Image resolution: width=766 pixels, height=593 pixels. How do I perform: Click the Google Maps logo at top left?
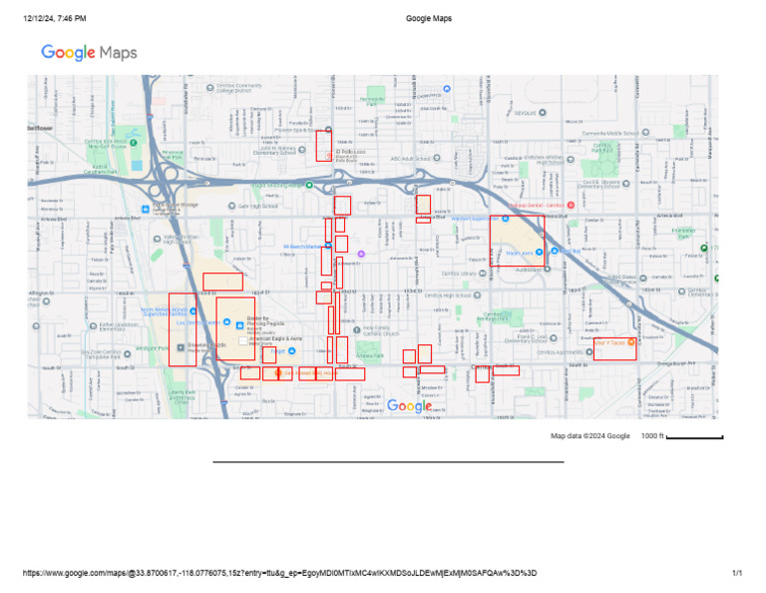click(89, 52)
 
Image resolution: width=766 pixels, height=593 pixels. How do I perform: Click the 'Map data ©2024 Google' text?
click(590, 436)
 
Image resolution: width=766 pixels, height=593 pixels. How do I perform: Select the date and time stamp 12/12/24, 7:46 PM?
click(55, 18)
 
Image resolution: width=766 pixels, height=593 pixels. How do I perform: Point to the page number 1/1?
click(737, 573)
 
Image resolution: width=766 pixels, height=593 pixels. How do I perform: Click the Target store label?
click(278, 350)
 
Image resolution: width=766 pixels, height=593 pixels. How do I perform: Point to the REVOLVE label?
click(525, 113)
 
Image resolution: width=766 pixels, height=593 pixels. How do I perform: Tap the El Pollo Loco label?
click(350, 152)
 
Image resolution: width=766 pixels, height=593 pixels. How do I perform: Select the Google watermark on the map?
click(409, 406)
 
